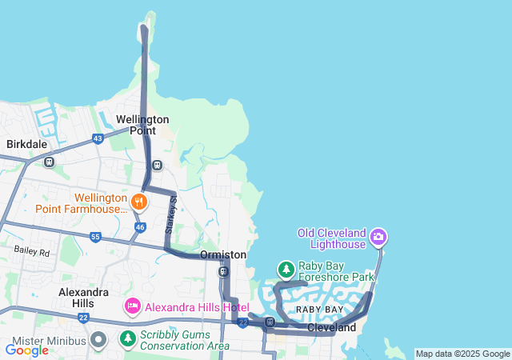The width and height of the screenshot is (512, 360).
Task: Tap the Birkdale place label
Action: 27,145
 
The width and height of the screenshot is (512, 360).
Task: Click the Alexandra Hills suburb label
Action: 83,298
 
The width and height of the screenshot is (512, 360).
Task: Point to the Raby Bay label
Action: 319,309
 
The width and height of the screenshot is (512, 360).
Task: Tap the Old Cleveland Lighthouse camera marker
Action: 378,237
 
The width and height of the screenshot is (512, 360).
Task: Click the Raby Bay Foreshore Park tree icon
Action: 286,270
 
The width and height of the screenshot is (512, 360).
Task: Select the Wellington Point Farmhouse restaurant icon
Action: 139,201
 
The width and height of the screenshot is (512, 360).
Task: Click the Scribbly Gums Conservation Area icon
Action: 127,339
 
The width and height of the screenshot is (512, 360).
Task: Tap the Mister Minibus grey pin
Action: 98,340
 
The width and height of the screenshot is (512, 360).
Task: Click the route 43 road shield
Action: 98,138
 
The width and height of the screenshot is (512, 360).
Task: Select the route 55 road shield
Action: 95,238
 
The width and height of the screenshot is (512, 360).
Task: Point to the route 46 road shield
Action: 140,228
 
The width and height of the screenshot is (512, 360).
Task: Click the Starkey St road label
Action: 170,218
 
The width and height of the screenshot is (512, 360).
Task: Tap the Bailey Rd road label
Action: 31,251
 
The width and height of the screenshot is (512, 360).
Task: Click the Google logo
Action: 26,350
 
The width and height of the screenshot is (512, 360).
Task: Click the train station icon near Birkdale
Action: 50,162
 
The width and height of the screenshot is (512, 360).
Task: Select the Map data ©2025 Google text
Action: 462,354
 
